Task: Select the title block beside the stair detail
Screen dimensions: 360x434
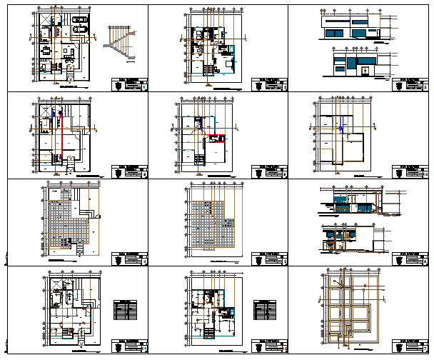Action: tap(129, 85)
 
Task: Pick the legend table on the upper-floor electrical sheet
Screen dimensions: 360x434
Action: tap(265, 309)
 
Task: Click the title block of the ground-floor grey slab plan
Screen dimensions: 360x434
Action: tap(129, 259)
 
